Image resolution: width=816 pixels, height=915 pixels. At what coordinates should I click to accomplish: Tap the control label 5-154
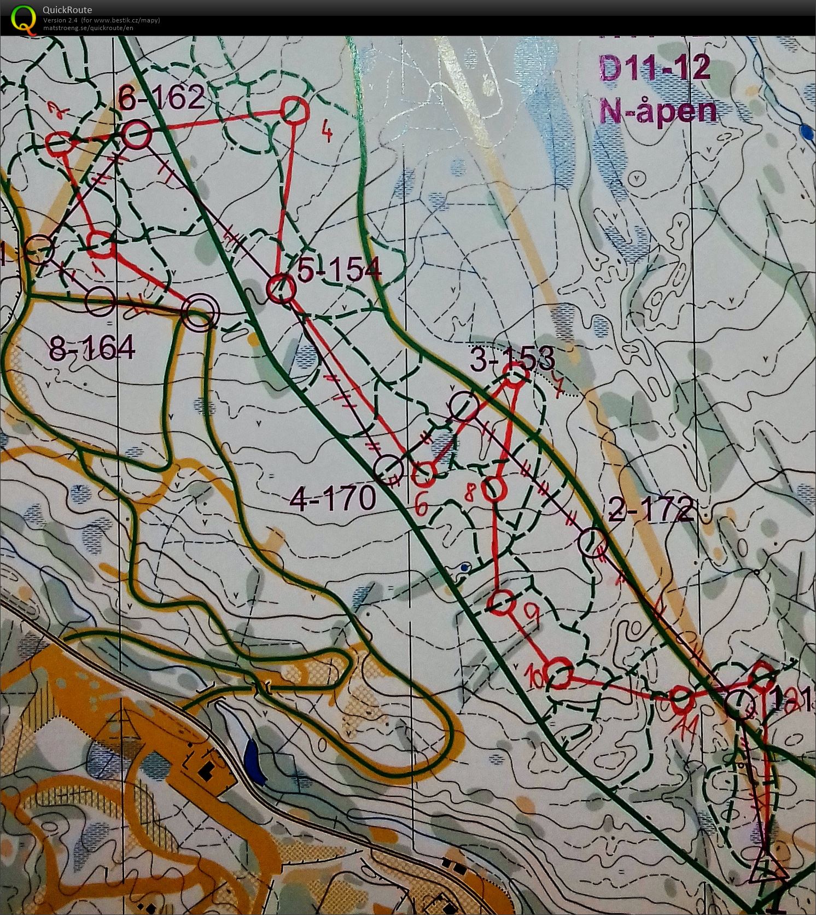click(339, 269)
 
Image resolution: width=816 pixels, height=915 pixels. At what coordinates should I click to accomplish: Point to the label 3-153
click(513, 358)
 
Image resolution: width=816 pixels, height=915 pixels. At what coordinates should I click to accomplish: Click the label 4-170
click(333, 498)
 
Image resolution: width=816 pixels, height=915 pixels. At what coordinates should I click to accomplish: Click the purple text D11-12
click(655, 69)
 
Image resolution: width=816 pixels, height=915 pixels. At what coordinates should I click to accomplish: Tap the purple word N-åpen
click(658, 111)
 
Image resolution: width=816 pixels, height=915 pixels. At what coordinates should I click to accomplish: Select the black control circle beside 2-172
click(592, 543)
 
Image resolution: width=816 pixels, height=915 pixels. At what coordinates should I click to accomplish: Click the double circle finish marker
click(199, 313)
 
